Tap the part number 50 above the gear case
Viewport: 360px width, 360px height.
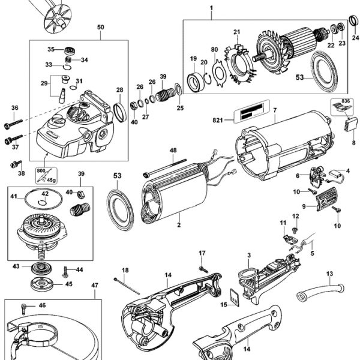pos(100,27)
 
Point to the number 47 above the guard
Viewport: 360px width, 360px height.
pos(94,286)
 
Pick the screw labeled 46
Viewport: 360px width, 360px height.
pos(24,307)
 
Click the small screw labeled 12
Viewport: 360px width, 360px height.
pos(295,229)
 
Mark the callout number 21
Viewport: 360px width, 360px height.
pos(236,32)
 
